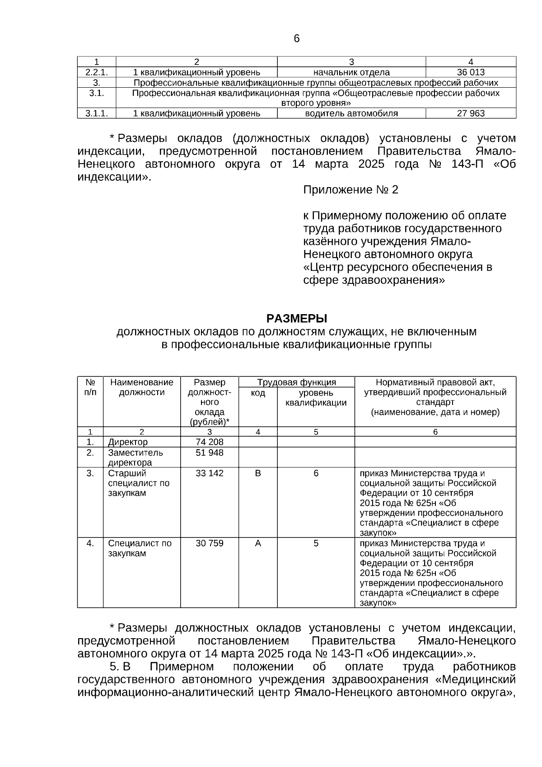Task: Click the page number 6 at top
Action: pyautogui.click(x=296, y=39)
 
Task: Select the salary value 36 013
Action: pyautogui.click(x=471, y=72)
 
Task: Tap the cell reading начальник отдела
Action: pyautogui.click(x=351, y=72)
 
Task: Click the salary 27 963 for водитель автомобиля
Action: pyautogui.click(x=471, y=113)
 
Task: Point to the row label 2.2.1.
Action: pyautogui.click(x=96, y=72)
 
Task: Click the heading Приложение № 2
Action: pyautogui.click(x=350, y=190)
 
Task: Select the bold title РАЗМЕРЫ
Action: pyautogui.click(x=296, y=319)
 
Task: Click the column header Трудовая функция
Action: pyautogui.click(x=296, y=382)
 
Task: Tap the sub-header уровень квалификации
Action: pyautogui.click(x=316, y=398)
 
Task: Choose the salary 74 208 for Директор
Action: pyautogui.click(x=209, y=442)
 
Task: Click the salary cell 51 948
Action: pyautogui.click(x=209, y=452)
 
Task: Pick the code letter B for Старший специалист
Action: pyautogui.click(x=258, y=473)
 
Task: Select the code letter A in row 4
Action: pyautogui.click(x=258, y=543)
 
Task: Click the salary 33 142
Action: pyautogui.click(x=209, y=473)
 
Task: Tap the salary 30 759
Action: pyautogui.click(x=209, y=543)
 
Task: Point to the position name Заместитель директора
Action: pyautogui.click(x=135, y=457)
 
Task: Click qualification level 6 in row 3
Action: pyautogui.click(x=316, y=473)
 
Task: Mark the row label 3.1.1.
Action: pyautogui.click(x=96, y=113)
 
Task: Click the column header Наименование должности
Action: pyautogui.click(x=141, y=387)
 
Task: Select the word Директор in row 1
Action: pyautogui.click(x=128, y=442)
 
